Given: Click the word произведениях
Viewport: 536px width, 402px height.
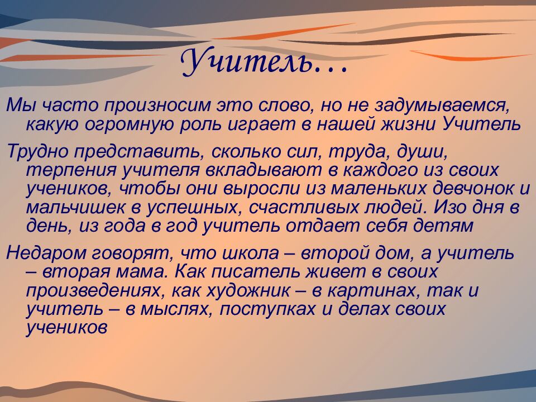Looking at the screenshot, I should [x=98, y=291].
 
